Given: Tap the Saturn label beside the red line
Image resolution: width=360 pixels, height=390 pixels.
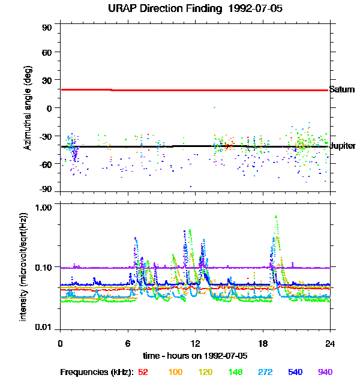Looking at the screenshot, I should click(x=342, y=90).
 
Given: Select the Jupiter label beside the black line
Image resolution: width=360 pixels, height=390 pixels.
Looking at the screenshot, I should click(x=343, y=146).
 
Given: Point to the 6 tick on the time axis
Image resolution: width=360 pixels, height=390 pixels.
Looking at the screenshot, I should click(x=128, y=343).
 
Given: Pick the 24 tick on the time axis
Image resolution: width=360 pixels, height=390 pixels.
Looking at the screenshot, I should click(x=330, y=343).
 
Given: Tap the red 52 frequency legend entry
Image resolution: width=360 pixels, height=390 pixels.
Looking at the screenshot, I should click(x=143, y=373).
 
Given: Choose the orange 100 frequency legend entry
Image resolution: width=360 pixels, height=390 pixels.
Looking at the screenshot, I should click(x=175, y=373).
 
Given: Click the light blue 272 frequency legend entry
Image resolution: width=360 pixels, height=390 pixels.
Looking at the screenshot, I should click(x=265, y=373).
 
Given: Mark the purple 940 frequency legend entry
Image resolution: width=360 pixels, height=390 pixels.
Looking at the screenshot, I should click(x=325, y=373).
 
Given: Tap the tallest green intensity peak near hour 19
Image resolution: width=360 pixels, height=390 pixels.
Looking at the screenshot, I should click(x=276, y=217).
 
